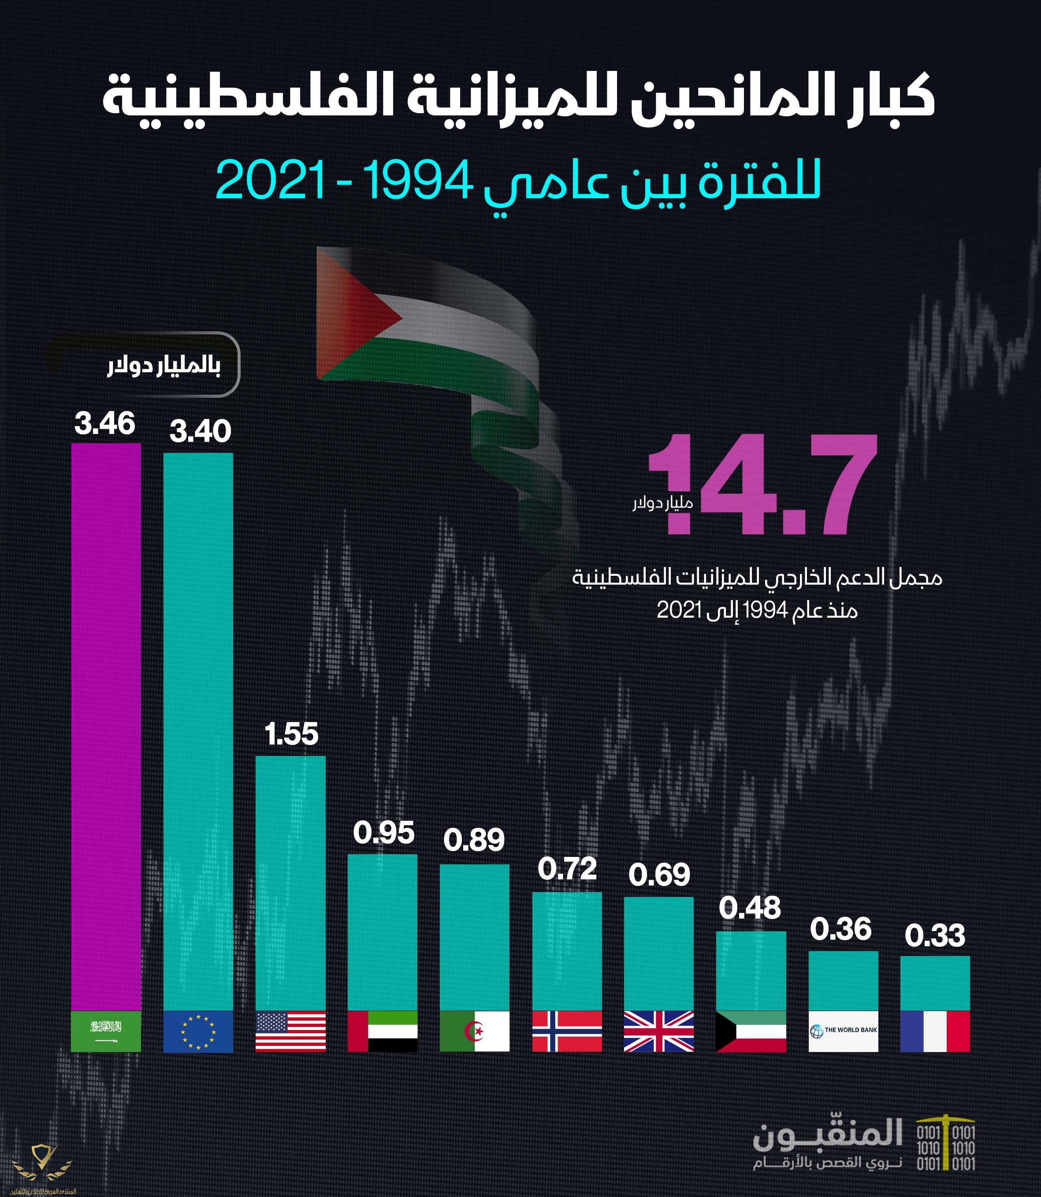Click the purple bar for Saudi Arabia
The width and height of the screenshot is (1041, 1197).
click(106, 726)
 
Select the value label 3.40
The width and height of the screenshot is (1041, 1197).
click(200, 431)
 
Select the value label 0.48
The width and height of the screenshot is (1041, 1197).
click(750, 908)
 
